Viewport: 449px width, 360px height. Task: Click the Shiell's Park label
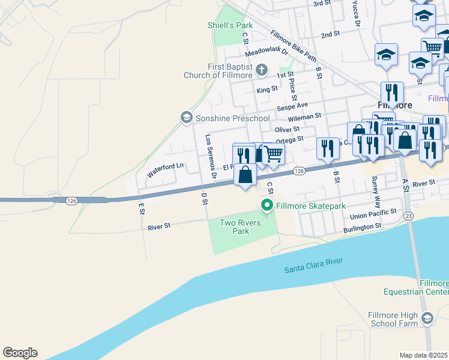(230, 25)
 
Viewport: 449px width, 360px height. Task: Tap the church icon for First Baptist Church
(261, 70)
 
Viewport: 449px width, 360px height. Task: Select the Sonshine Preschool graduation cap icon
(186, 117)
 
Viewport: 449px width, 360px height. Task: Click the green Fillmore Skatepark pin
(267, 206)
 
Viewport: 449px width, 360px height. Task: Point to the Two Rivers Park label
(234, 227)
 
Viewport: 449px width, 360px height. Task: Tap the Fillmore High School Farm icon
(427, 318)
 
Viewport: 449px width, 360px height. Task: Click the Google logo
(20, 353)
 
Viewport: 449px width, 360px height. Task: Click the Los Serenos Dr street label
(210, 156)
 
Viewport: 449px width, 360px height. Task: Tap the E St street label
(142, 208)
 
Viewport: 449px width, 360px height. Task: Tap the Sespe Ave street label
(292, 109)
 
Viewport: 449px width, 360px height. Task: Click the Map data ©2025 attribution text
(423, 355)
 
